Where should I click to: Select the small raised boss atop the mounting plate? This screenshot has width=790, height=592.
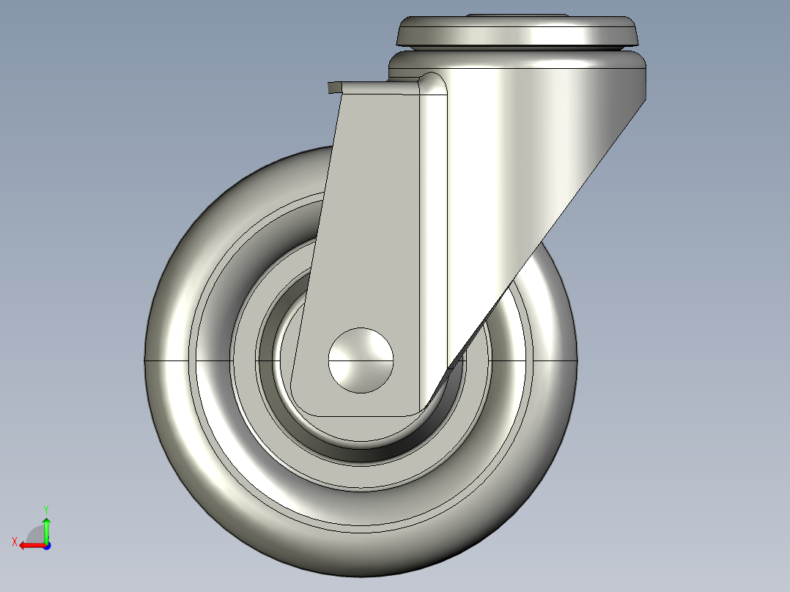(x=517, y=15)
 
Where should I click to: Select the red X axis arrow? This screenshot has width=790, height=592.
(x=29, y=545)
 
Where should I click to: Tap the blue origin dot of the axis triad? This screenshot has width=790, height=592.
(x=46, y=545)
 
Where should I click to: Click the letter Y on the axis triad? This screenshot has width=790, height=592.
(x=45, y=508)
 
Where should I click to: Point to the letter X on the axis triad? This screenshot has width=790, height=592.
(x=14, y=541)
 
